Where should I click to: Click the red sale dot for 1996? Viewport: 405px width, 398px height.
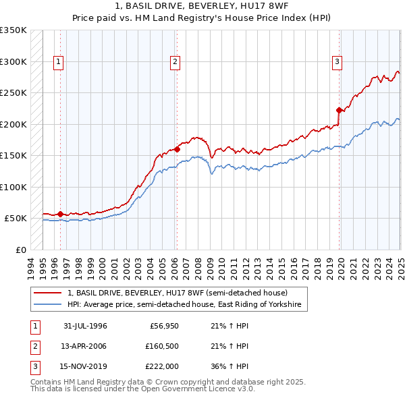click(60, 214)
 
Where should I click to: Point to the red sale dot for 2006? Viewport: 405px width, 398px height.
click(177, 149)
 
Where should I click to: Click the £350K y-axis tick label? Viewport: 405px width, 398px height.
click(13, 30)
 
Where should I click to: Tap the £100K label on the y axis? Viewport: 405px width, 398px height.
click(13, 187)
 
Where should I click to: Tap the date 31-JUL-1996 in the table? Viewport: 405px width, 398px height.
click(85, 326)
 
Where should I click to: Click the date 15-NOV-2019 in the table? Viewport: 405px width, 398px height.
click(85, 366)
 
